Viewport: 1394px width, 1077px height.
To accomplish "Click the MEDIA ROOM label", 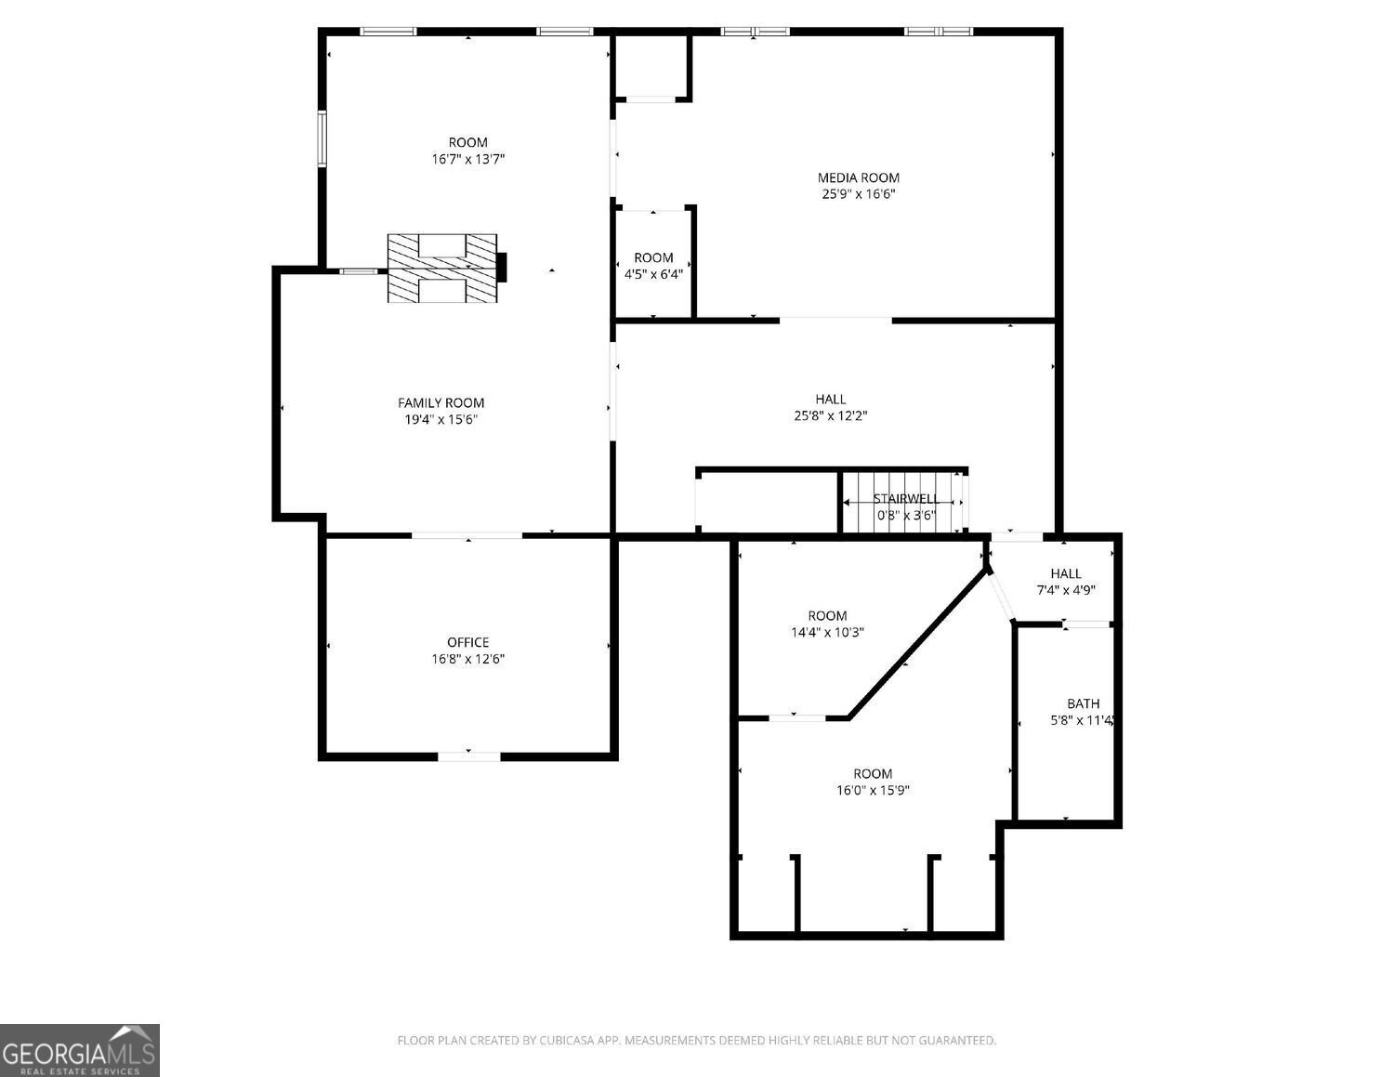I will (x=858, y=177).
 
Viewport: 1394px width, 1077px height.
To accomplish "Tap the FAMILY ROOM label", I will (x=441, y=402).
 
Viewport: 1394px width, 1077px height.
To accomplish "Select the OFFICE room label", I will (x=467, y=642).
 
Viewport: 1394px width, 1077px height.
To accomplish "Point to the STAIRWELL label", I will (x=905, y=499).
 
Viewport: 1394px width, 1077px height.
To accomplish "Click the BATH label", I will (x=1083, y=703).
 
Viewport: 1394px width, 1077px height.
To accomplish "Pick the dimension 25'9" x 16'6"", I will (x=858, y=194).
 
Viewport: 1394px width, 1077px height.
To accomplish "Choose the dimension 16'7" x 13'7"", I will (x=467, y=159).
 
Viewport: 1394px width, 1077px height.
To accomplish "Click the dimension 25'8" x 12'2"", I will (x=830, y=415).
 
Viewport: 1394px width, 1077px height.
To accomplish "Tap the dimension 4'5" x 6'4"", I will (x=653, y=274).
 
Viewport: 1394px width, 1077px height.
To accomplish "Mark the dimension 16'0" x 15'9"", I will (x=873, y=790).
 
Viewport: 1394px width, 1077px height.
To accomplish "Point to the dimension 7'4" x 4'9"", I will (x=1066, y=590).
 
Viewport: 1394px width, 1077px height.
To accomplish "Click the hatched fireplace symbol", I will (x=442, y=268).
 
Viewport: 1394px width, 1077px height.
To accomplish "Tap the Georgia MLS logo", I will (x=80, y=1050).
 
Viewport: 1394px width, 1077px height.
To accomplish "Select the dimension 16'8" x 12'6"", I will (x=467, y=659).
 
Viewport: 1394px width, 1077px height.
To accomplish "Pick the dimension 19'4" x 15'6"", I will (x=441, y=419).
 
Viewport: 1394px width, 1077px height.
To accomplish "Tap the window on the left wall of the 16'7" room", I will (x=322, y=139).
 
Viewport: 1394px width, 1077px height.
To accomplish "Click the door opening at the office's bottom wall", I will (x=468, y=756).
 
